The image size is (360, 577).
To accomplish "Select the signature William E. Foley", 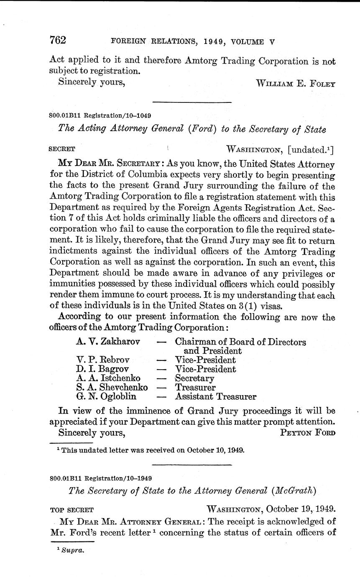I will [x=295, y=82].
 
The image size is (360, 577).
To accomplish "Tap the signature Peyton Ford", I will [x=307, y=433].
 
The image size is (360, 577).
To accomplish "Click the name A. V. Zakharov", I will [x=108, y=342].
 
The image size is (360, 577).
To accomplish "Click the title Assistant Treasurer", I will [x=215, y=397].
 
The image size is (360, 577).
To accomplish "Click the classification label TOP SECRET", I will [x=71, y=510].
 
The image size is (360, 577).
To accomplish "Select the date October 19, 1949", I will [x=300, y=509].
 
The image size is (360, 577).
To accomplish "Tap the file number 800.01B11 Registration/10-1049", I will [x=100, y=115].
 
